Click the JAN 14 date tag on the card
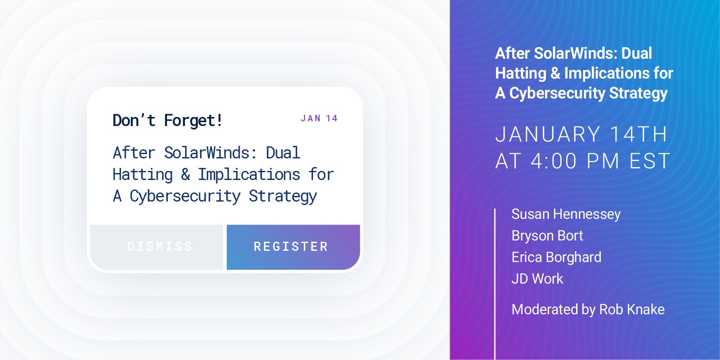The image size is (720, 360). [319, 119]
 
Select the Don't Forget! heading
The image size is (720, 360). [168, 120]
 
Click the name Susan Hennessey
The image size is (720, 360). [566, 215]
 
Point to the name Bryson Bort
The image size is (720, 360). [547, 236]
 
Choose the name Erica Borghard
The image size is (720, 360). [556, 257]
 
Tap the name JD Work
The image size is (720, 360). [537, 279]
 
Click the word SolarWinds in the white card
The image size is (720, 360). [206, 153]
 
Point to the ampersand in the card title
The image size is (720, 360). [185, 174]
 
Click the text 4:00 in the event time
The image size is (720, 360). [554, 161]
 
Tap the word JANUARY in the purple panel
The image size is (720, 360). [548, 134]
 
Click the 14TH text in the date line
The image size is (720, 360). [638, 134]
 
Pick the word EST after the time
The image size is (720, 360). [649, 161]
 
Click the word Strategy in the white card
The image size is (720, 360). [282, 196]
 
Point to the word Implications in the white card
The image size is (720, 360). [249, 174]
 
